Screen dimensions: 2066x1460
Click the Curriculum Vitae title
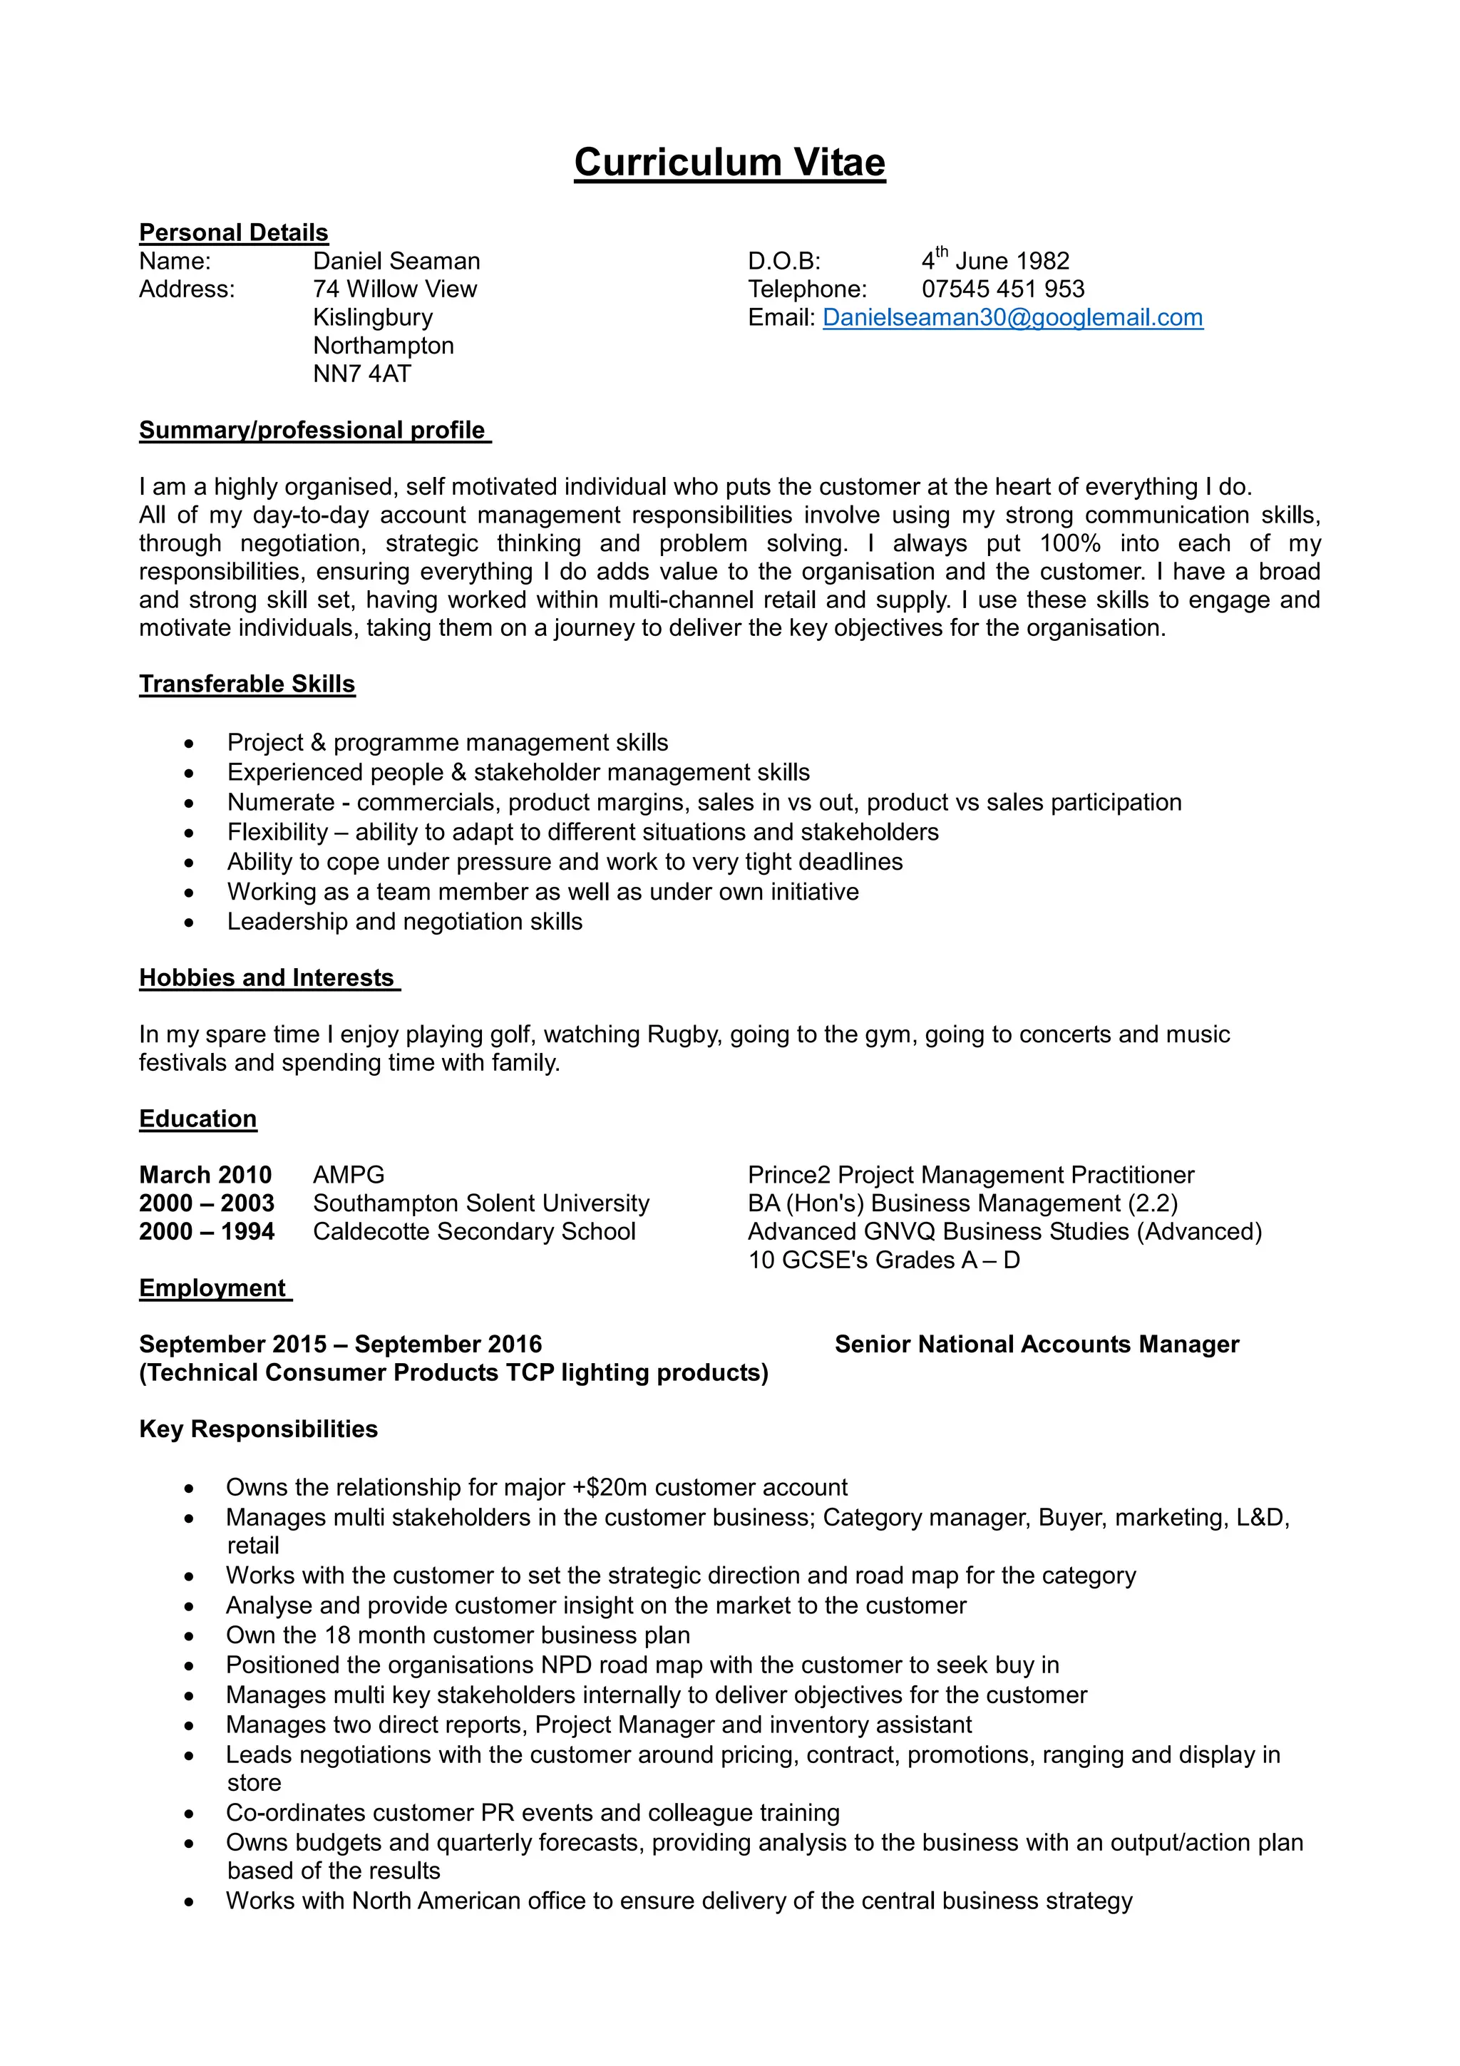click(x=729, y=163)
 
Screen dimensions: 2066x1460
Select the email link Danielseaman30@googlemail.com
click(x=1012, y=318)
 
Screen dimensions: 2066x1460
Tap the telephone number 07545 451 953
click(x=1002, y=289)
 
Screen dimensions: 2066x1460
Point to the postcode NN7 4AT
click(x=361, y=374)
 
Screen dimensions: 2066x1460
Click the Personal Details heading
click(x=233, y=232)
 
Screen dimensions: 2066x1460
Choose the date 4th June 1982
click(x=995, y=261)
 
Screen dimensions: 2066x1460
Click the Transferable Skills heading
click(x=247, y=684)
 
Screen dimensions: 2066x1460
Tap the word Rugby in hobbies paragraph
click(x=684, y=1035)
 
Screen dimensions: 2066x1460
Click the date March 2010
click(x=205, y=1175)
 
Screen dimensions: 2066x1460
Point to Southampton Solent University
click(x=480, y=1203)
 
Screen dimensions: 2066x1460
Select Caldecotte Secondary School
click(x=474, y=1231)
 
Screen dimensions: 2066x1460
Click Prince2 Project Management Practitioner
click(x=971, y=1175)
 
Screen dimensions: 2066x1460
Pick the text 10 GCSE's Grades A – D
click(x=883, y=1260)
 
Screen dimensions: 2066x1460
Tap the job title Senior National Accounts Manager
click(x=1037, y=1345)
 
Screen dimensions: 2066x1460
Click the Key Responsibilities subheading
click(x=258, y=1429)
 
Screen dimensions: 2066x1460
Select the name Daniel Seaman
click(x=396, y=261)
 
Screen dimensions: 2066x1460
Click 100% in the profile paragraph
click(x=1069, y=543)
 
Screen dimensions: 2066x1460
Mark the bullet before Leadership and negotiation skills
click(x=189, y=922)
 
